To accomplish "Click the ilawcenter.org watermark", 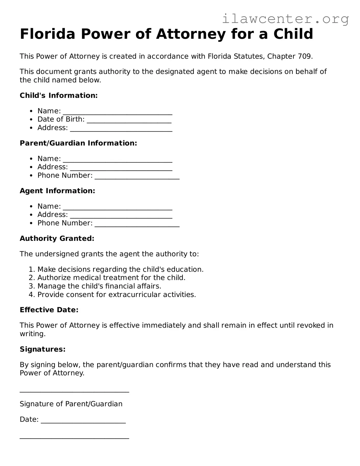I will point(285,19).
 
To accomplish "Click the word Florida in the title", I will point(47,34).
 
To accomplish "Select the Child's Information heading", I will point(59,95).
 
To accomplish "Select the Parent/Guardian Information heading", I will point(78,143).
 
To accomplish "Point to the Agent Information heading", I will point(57,191).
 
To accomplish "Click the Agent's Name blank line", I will point(117,207).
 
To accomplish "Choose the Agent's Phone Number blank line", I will point(137,224).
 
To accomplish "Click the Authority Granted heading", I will point(57,239).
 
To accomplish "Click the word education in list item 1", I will point(185,269).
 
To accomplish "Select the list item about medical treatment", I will point(111,278).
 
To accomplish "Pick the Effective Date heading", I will point(49,310).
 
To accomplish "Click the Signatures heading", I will point(43,349).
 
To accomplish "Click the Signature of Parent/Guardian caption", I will point(71,404).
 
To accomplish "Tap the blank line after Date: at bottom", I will point(83,420).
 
